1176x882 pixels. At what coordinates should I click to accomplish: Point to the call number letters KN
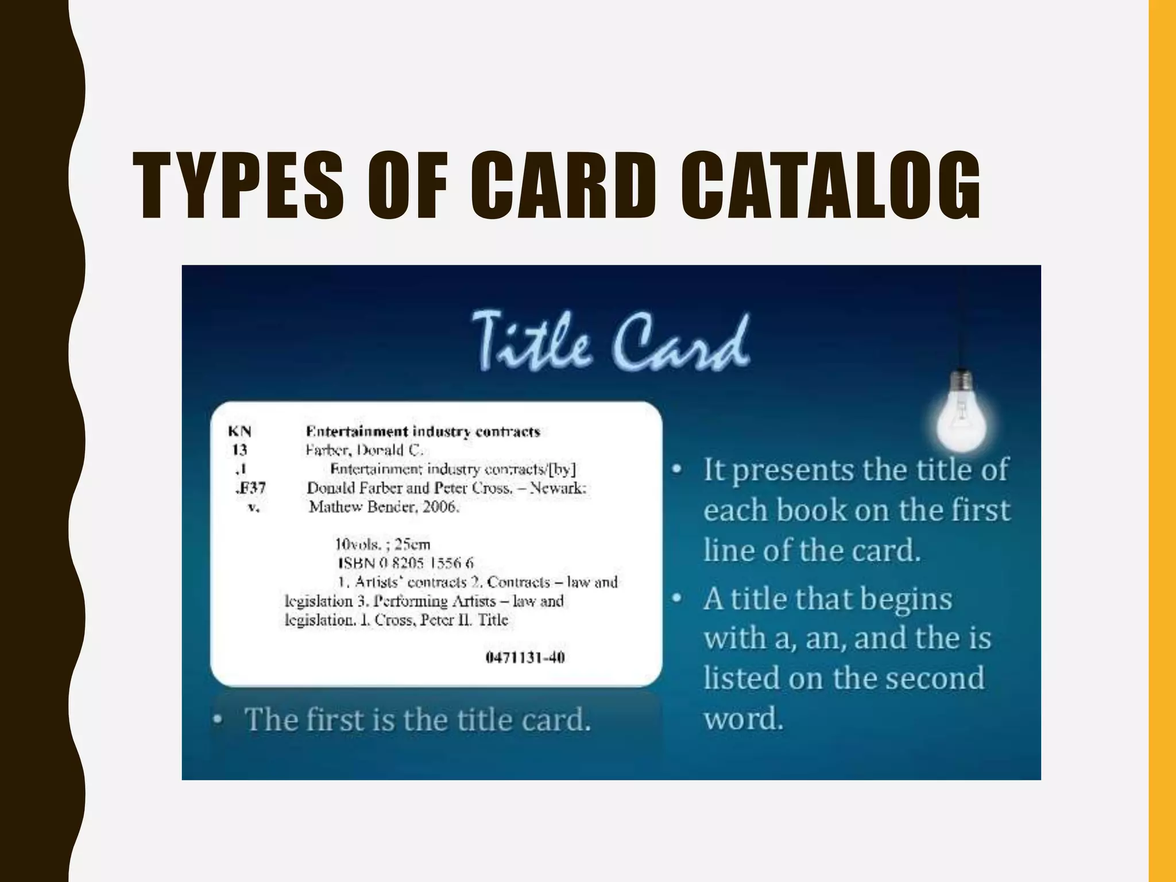pos(239,432)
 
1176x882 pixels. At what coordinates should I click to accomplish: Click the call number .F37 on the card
pos(250,488)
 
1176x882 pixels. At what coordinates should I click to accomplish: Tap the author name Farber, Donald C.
pos(364,450)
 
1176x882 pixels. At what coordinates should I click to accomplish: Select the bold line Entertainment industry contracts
pos(423,431)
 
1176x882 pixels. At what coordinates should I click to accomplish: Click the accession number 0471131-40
pos(525,657)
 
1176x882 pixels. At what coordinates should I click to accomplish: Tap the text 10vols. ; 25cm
pos(382,544)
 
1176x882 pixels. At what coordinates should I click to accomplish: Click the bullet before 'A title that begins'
pos(678,599)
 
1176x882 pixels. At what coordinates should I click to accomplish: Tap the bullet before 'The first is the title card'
pos(218,719)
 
